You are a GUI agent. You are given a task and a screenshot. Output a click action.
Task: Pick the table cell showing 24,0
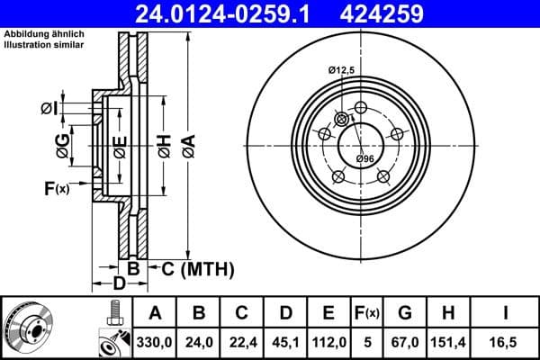click(x=200, y=342)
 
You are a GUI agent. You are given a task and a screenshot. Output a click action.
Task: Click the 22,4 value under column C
click(x=242, y=342)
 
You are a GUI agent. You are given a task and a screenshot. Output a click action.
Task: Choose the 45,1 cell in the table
click(x=285, y=342)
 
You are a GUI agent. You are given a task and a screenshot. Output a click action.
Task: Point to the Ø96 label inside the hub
click(x=364, y=159)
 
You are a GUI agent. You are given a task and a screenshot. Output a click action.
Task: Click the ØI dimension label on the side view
click(x=49, y=108)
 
